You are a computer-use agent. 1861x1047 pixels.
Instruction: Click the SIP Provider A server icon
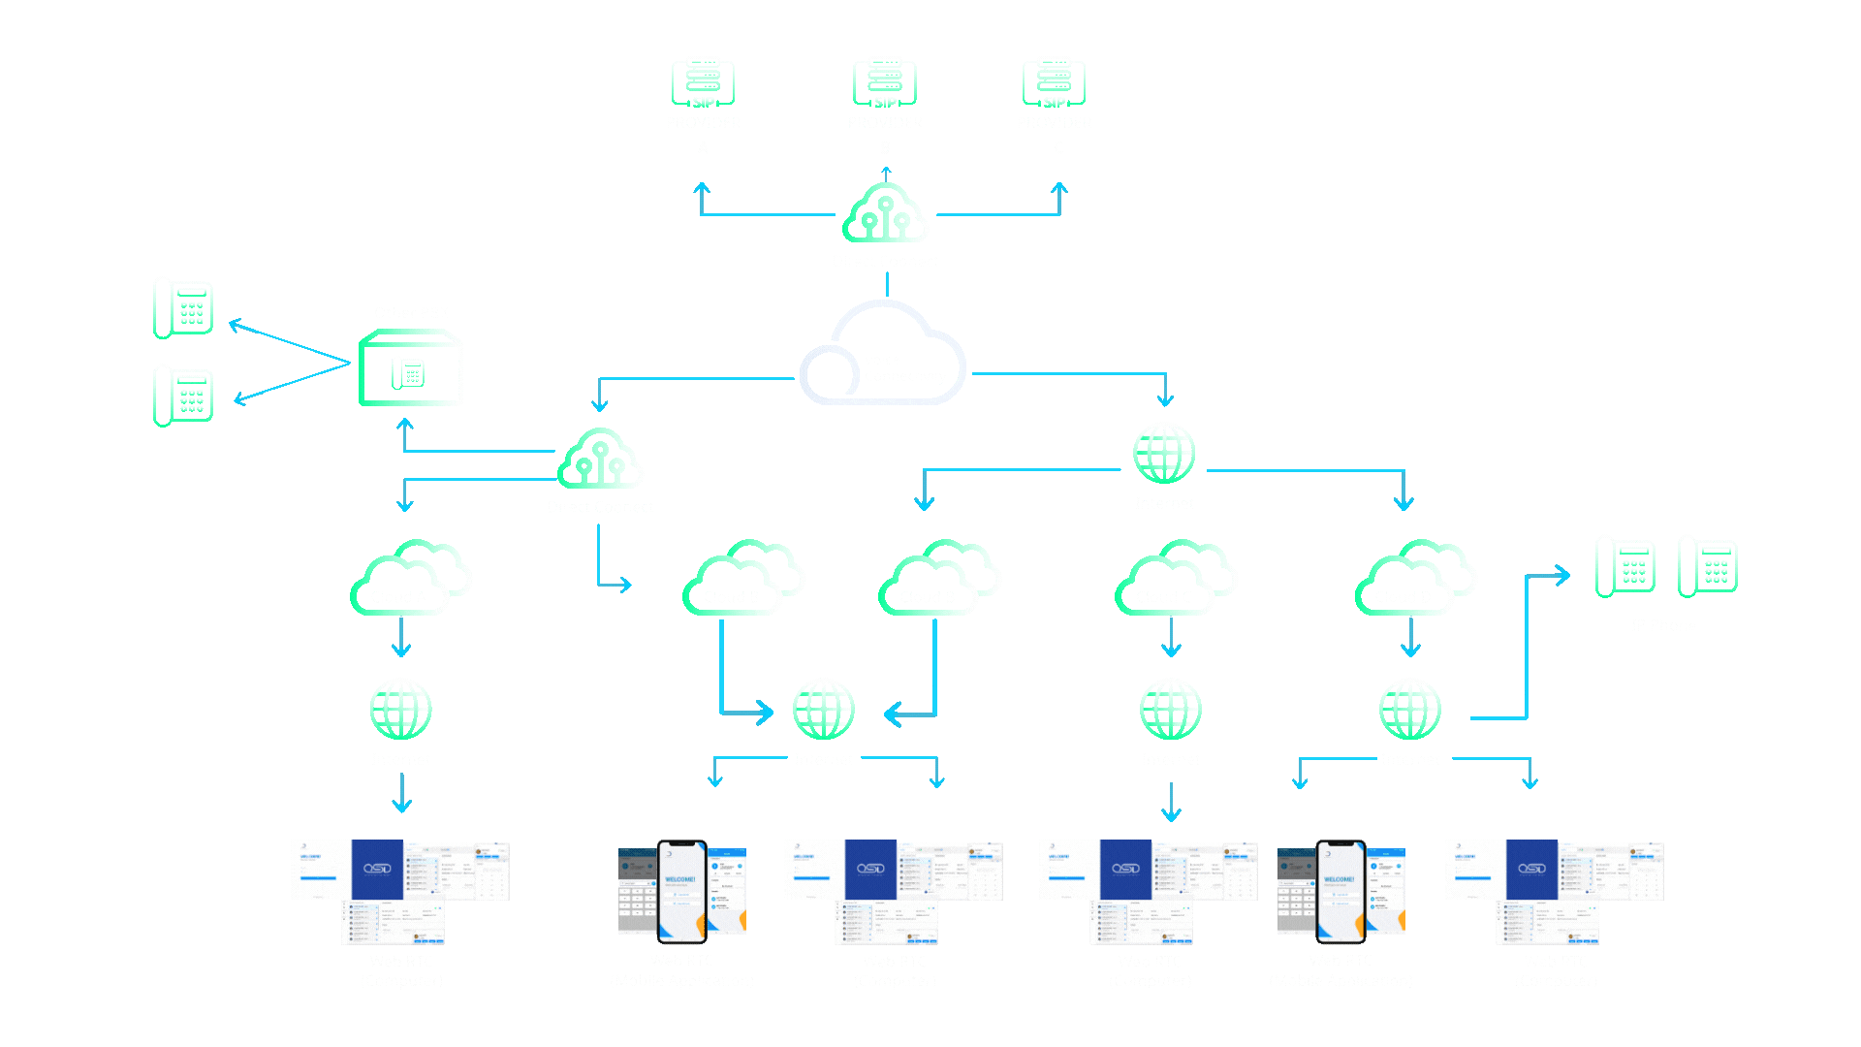(x=703, y=82)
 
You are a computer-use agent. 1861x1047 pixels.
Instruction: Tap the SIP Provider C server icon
(x=1054, y=82)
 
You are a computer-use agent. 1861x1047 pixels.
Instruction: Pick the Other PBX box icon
(x=411, y=368)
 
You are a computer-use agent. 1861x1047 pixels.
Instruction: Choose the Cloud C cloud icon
(x=1175, y=579)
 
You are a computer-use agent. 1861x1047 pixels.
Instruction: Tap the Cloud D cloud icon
(x=1414, y=579)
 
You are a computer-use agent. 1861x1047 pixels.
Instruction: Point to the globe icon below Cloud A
(x=400, y=709)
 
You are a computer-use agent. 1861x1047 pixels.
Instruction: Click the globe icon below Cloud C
(x=1171, y=709)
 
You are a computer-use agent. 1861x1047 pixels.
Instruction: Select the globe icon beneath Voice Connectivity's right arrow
(x=1164, y=453)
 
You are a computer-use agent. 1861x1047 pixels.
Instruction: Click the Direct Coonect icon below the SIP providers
(x=885, y=213)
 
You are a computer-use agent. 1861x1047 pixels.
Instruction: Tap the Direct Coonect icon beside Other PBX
(x=600, y=459)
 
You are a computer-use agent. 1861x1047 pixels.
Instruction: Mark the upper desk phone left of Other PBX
(x=183, y=307)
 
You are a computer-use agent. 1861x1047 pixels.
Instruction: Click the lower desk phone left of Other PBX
(x=183, y=395)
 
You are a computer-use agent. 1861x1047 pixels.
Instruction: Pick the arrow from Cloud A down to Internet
(x=401, y=638)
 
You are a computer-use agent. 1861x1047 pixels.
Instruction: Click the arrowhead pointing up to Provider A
(x=702, y=188)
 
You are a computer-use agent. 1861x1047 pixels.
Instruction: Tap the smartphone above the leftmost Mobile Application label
(x=682, y=891)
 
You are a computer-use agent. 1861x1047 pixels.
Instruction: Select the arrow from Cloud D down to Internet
(x=1410, y=638)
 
